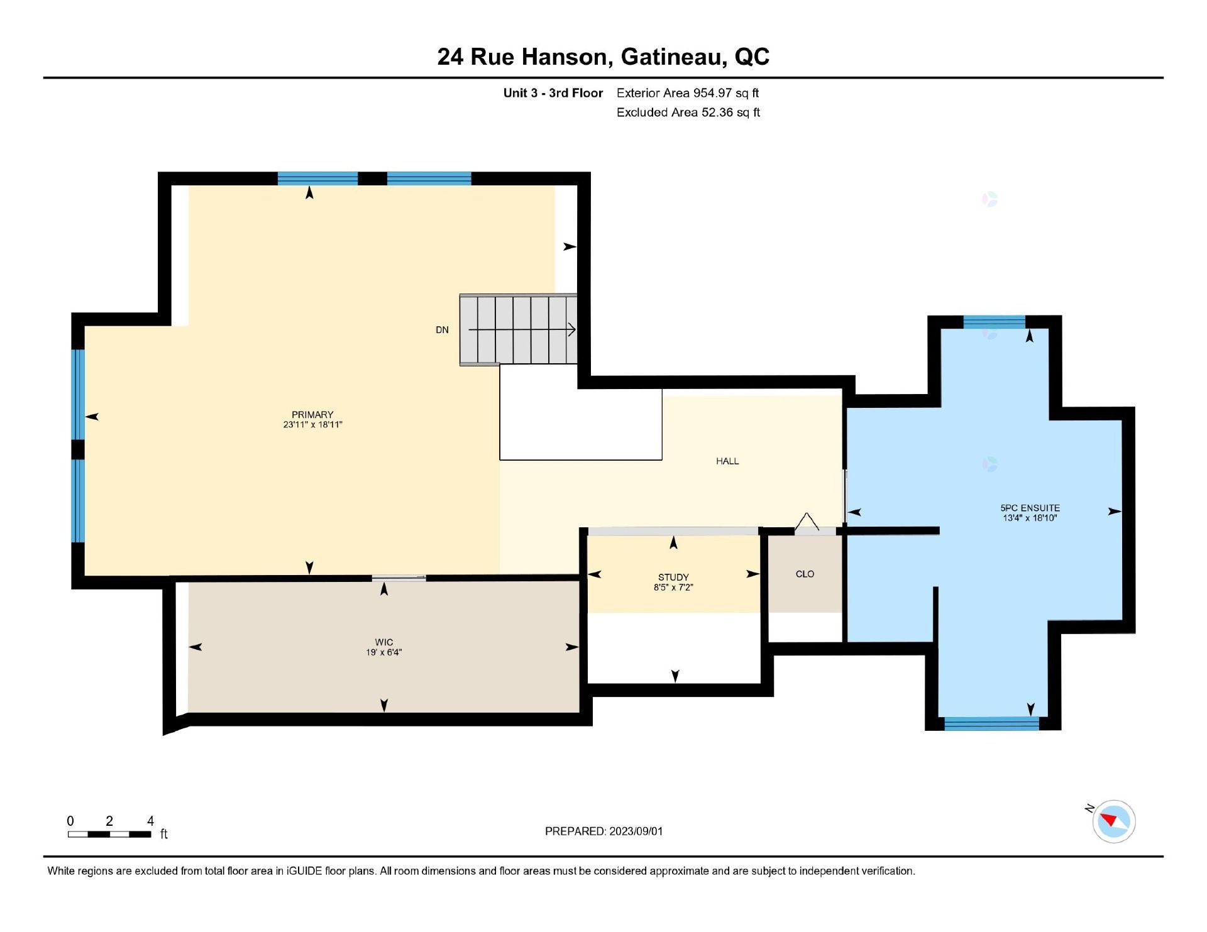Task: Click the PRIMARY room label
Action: (312, 414)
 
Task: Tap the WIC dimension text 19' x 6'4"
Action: (383, 652)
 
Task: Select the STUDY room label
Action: (673, 577)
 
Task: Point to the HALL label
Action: (727, 461)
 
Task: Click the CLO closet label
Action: (805, 574)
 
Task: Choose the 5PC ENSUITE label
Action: (1030, 508)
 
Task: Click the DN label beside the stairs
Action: (442, 330)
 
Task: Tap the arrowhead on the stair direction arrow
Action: (571, 329)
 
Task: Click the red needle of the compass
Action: (1108, 819)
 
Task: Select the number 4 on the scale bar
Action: (150, 821)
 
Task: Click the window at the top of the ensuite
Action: (994, 322)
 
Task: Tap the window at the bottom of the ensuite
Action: (991, 724)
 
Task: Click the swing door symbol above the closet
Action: (808, 523)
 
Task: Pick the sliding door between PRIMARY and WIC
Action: (399, 577)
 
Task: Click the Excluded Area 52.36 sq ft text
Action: (688, 112)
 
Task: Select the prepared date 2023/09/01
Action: (636, 831)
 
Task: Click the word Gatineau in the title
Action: (670, 57)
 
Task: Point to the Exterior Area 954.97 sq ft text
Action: (687, 93)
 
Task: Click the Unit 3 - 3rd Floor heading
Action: (553, 93)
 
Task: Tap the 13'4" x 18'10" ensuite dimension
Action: (1030, 518)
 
